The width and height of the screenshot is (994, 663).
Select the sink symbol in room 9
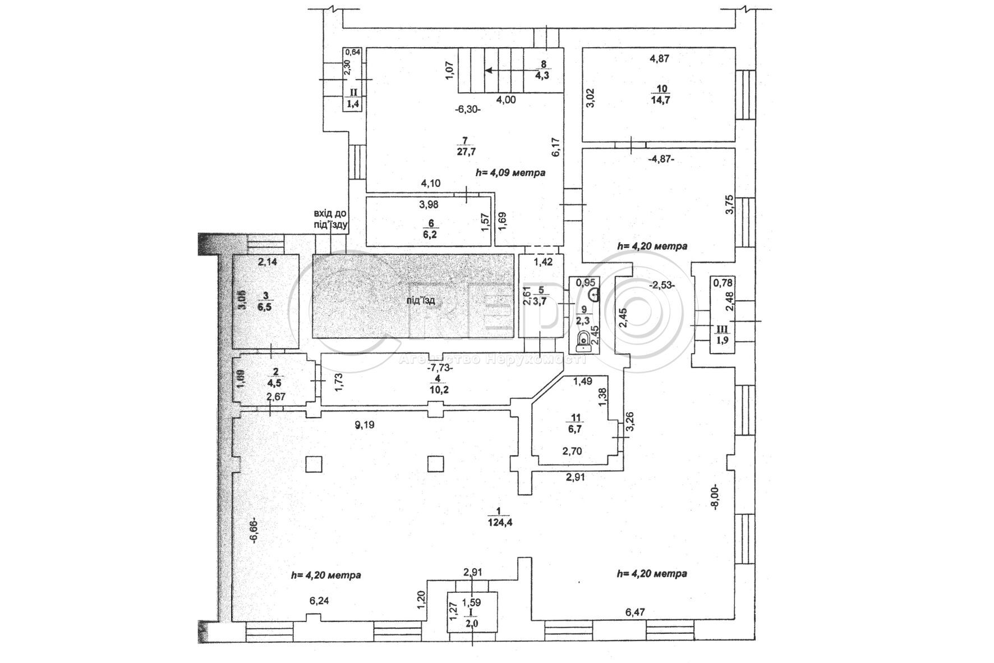click(595, 292)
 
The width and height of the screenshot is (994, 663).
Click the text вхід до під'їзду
click(331, 220)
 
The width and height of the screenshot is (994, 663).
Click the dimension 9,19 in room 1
click(364, 424)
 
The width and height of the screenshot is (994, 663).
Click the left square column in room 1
click(314, 464)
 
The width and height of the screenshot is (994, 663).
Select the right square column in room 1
click(436, 464)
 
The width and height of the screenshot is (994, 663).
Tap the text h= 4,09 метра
click(510, 173)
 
